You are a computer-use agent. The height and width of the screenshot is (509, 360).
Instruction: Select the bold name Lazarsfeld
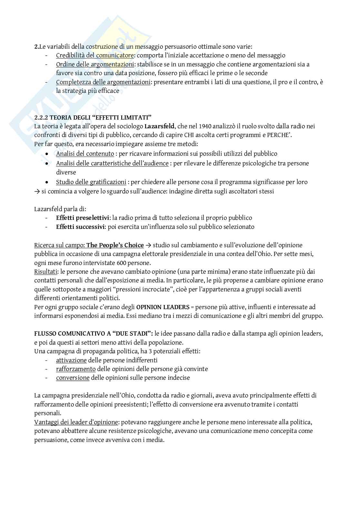(157, 126)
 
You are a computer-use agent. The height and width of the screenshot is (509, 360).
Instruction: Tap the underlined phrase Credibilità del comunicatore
(95, 55)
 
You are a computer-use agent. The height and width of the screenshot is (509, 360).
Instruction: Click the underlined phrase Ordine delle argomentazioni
(95, 64)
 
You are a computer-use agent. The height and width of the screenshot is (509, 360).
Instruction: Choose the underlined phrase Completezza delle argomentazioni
(103, 82)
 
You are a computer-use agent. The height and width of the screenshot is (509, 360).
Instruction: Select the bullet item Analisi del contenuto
(85, 154)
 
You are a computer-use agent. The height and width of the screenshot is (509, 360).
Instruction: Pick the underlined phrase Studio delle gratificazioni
(91, 182)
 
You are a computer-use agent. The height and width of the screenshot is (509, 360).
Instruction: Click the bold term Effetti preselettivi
(83, 218)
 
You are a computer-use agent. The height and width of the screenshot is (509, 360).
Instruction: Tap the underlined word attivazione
(71, 360)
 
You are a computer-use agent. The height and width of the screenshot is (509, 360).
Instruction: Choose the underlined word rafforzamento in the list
(76, 369)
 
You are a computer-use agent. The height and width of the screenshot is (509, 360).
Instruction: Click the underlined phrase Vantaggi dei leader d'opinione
(76, 422)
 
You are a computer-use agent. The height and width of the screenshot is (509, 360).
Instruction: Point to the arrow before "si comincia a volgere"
(37, 191)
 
